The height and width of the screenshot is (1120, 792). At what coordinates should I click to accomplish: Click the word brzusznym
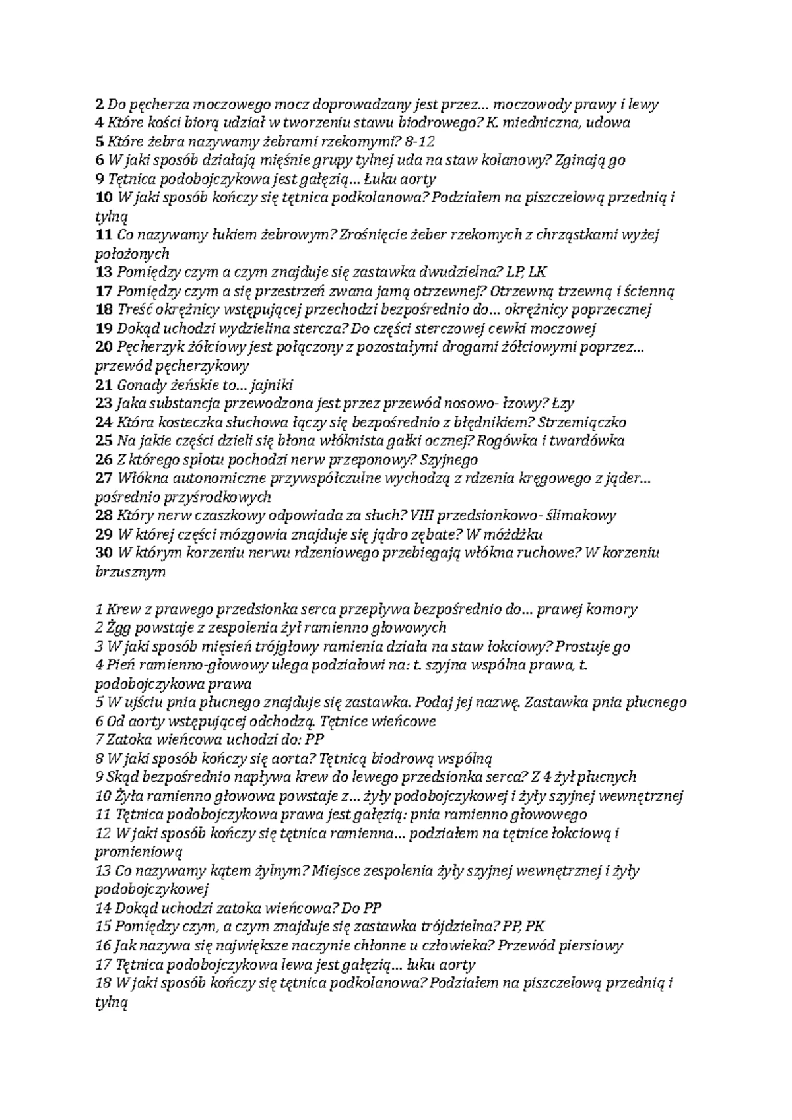[x=131, y=573]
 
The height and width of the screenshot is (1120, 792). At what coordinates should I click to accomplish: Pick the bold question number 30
[x=104, y=553]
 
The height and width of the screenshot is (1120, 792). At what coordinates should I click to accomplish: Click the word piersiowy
[x=589, y=946]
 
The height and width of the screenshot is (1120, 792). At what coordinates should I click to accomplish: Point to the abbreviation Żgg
[x=118, y=628]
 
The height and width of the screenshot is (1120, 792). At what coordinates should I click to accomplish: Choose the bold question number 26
[x=104, y=460]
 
